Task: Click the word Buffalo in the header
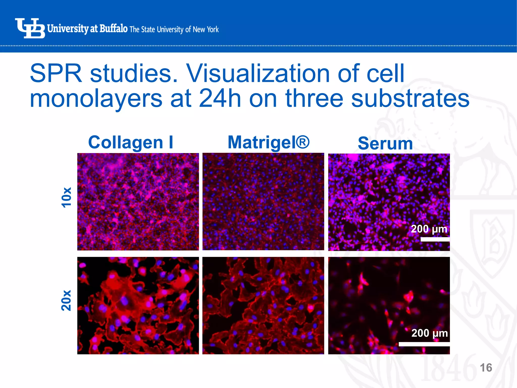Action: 113,29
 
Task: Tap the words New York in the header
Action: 206,30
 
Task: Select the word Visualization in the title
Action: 257,74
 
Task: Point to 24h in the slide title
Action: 220,99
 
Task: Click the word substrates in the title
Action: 410,99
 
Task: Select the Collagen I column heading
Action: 131,142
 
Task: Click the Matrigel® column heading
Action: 268,142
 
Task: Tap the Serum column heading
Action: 385,143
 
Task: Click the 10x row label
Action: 66,198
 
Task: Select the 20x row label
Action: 66,300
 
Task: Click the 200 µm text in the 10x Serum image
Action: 429,229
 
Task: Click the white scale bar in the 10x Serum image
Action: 435,239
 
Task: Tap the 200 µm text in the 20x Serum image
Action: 429,333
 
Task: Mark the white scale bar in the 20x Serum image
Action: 424,344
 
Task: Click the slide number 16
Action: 486,368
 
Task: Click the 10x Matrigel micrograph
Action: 263,202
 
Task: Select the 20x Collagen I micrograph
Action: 138,305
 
